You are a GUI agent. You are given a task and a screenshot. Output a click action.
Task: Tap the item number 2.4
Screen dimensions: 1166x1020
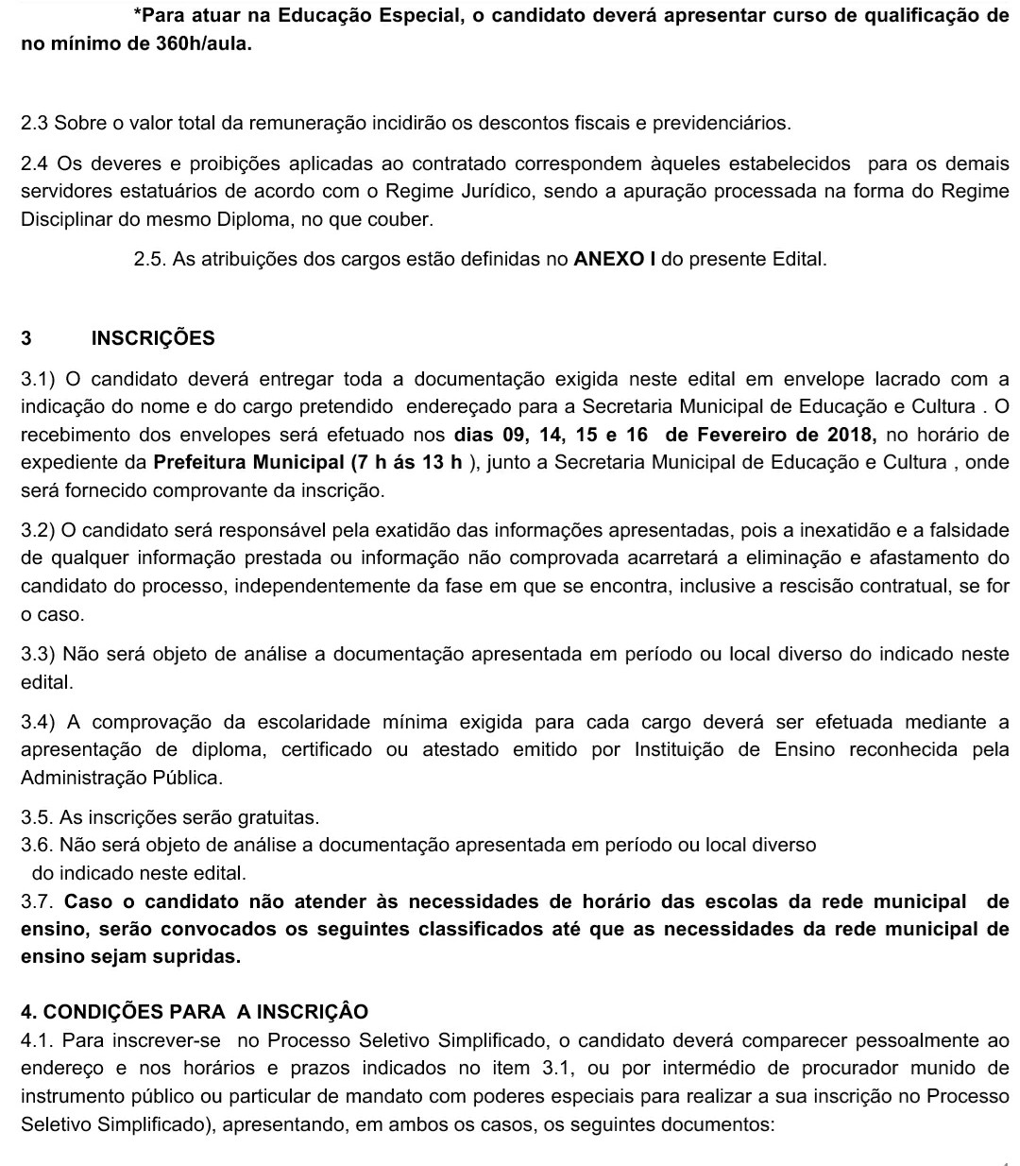point(34,163)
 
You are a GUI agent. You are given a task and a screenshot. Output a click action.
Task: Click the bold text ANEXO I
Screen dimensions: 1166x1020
point(615,259)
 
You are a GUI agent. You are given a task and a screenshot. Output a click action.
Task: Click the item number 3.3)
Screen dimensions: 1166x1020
point(39,654)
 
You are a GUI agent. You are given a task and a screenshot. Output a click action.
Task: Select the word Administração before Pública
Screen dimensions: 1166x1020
point(80,778)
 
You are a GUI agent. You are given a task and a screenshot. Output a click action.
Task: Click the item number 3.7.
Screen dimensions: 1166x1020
point(39,901)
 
